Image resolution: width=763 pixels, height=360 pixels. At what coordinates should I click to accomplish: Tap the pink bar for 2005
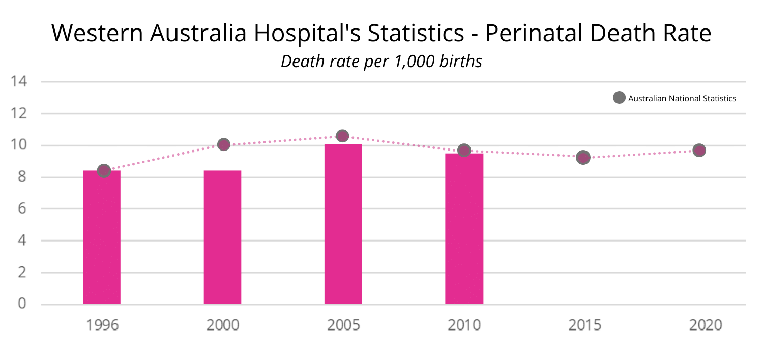(343, 224)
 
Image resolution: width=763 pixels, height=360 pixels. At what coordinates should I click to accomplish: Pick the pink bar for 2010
(464, 229)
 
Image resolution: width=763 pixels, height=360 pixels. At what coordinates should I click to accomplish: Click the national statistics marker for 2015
(583, 157)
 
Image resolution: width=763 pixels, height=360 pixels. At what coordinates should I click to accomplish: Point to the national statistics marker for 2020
(699, 150)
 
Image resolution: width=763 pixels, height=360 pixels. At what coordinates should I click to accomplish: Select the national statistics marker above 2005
(342, 136)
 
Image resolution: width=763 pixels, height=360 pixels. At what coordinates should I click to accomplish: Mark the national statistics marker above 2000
(223, 144)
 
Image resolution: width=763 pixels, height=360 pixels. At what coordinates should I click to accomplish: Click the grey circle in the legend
(619, 98)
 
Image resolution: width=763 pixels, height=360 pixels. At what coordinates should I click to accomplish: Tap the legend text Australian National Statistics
(682, 99)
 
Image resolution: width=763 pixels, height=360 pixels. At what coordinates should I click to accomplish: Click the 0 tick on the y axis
(22, 304)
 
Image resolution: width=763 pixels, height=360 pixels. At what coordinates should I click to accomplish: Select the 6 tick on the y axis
(22, 209)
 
